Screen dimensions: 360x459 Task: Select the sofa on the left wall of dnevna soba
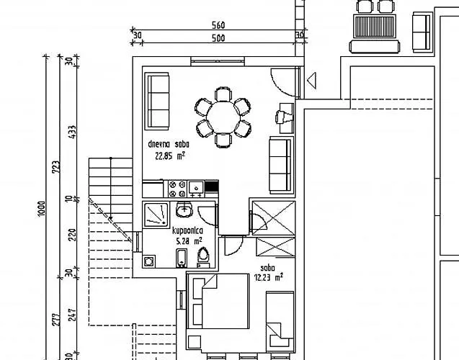(157, 100)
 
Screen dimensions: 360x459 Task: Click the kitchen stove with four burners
(174, 189)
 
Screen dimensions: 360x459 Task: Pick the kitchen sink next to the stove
(195, 189)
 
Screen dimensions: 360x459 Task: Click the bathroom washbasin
(184, 210)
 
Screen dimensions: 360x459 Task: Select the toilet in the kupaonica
(204, 256)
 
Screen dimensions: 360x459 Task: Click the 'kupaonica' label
(187, 231)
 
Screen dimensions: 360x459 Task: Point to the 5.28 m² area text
(187, 241)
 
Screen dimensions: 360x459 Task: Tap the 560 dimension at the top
(218, 25)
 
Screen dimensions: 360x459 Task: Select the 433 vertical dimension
(71, 133)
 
